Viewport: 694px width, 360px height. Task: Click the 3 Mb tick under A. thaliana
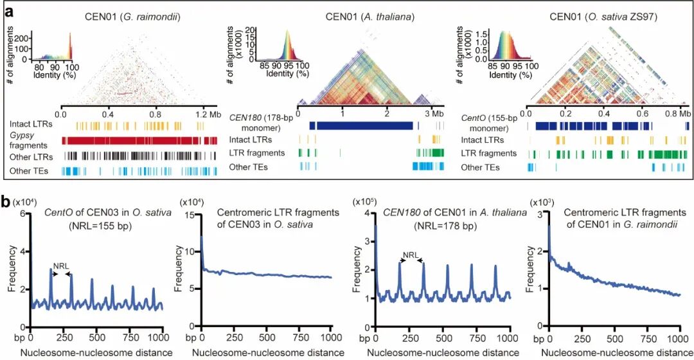[x=431, y=113]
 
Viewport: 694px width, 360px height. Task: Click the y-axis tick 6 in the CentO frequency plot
[x=22, y=214]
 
